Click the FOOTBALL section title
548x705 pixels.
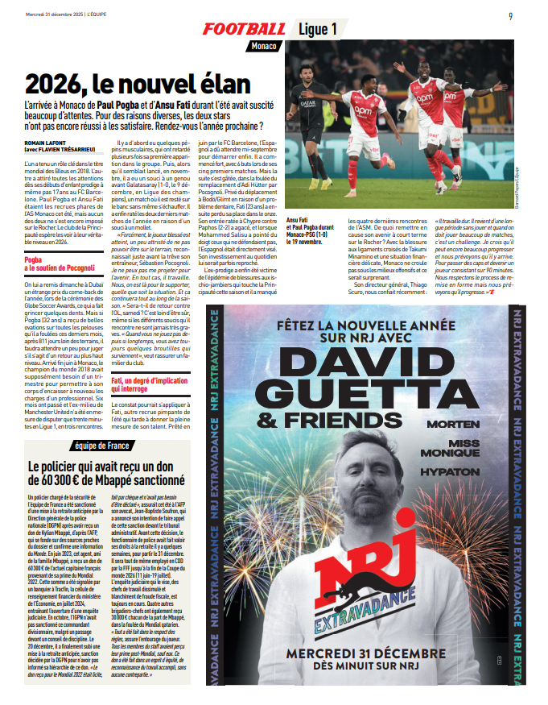click(x=243, y=29)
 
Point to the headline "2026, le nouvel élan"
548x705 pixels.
click(x=137, y=84)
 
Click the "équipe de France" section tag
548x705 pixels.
click(x=107, y=446)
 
